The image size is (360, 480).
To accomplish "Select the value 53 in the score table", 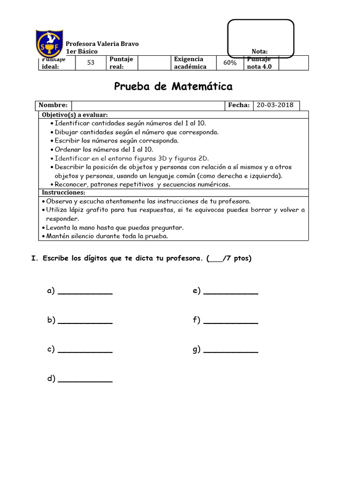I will coord(91,63).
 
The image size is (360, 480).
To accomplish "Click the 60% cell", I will coord(230,63).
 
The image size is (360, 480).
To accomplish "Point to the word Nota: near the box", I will coord(260,52).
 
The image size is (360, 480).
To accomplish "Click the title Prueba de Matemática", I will coord(173,87).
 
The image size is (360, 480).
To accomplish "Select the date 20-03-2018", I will coord(276,105).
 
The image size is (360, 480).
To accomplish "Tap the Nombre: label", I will coord(53,105).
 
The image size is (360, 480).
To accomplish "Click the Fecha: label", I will coord(239,105).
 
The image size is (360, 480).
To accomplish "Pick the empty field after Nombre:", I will coord(148,105).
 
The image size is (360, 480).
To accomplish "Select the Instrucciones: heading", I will coord(64,193).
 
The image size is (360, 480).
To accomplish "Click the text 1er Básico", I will coord(82,52).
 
